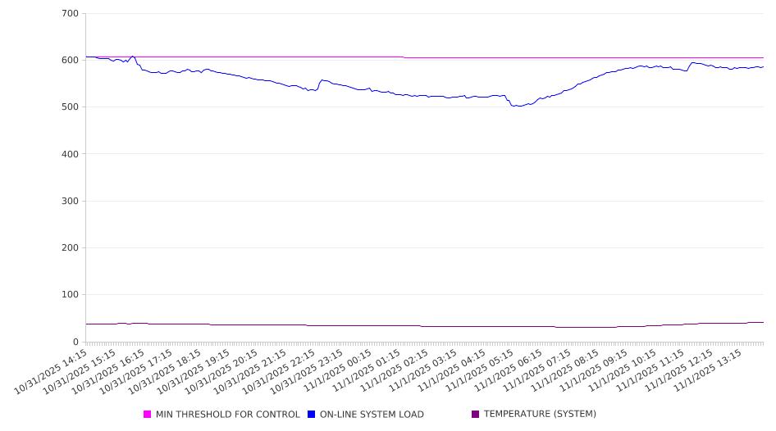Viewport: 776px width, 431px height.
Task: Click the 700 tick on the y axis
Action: click(x=70, y=13)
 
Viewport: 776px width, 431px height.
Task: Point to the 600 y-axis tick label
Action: click(x=70, y=60)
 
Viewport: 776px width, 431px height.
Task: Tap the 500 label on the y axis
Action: click(x=70, y=107)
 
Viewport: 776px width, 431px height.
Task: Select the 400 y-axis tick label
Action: click(x=70, y=154)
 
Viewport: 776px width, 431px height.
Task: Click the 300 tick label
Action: click(x=70, y=201)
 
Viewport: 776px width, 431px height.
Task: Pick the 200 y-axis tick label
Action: click(x=70, y=248)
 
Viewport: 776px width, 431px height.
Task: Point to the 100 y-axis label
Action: click(x=70, y=295)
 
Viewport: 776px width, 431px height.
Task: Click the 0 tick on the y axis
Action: click(x=75, y=342)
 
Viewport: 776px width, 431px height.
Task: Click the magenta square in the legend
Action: click(x=147, y=415)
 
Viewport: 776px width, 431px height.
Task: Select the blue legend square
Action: click(x=311, y=415)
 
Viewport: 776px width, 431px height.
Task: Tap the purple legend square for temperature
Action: click(x=475, y=415)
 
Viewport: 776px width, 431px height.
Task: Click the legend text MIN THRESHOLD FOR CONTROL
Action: click(x=227, y=415)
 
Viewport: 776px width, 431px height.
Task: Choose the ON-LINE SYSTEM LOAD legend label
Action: click(x=372, y=415)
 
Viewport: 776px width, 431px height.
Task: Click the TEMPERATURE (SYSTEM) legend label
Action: click(x=540, y=415)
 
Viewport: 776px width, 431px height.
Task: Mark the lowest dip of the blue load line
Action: click(x=516, y=106)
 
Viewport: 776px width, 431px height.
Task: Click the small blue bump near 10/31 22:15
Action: click(x=322, y=80)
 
